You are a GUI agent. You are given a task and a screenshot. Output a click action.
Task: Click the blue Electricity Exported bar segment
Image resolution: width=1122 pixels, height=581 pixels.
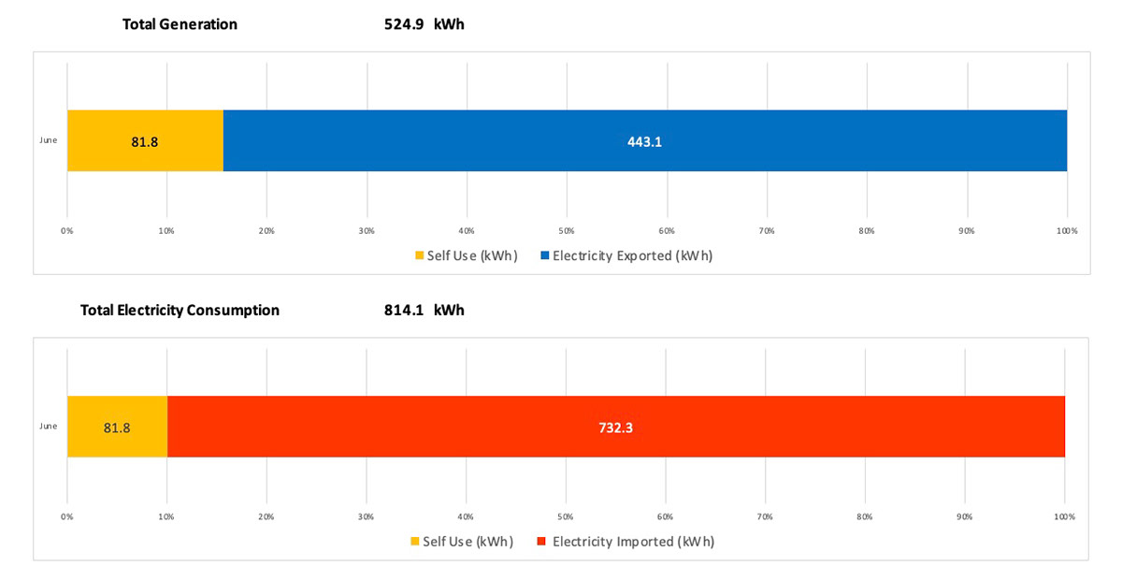coord(645,141)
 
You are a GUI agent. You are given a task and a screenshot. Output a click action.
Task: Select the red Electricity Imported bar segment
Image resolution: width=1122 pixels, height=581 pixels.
coord(616,427)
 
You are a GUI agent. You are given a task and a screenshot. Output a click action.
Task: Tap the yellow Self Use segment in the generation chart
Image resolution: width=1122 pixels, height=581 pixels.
coord(145,141)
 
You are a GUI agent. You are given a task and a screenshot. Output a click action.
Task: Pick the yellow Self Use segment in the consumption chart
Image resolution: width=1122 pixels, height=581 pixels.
coord(118,427)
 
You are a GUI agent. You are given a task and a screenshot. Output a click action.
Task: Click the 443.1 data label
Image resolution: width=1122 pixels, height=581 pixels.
coord(644,142)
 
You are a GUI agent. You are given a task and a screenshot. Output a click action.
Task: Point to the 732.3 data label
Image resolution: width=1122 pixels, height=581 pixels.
coord(615,428)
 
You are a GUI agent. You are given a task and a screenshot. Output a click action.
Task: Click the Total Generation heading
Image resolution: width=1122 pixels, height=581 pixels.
coord(180,24)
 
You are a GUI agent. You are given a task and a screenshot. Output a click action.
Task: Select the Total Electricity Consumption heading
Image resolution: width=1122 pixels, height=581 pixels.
coord(180,310)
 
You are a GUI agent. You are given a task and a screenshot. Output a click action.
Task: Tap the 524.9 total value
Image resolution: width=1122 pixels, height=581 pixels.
coord(404,24)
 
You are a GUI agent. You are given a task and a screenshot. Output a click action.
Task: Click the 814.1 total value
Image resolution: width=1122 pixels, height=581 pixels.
coord(404,310)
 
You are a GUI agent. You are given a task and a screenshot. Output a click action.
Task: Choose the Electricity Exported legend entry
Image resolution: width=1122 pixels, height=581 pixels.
coord(626,255)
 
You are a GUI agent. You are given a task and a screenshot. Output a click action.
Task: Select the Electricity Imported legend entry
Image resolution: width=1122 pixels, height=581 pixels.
coord(626,542)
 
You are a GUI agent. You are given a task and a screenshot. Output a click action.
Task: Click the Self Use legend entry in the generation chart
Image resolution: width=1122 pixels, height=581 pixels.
coord(467,255)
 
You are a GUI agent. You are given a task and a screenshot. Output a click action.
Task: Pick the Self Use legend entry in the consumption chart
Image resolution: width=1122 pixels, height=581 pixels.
coord(462,542)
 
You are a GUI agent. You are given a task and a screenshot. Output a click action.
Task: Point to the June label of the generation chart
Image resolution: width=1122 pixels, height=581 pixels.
coord(49,140)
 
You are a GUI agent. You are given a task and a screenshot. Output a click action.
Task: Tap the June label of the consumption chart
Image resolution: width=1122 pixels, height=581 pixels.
coord(49,426)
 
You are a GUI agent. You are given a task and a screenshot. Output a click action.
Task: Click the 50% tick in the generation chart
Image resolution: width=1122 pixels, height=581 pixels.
coord(567,231)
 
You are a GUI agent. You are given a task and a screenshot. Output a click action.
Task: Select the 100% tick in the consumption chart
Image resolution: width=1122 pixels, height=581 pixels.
coord(1064,516)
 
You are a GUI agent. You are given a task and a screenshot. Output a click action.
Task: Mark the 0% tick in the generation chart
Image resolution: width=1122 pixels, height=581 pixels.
coord(67,231)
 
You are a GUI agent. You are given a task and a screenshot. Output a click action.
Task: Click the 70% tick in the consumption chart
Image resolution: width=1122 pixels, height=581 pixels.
coord(765,516)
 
